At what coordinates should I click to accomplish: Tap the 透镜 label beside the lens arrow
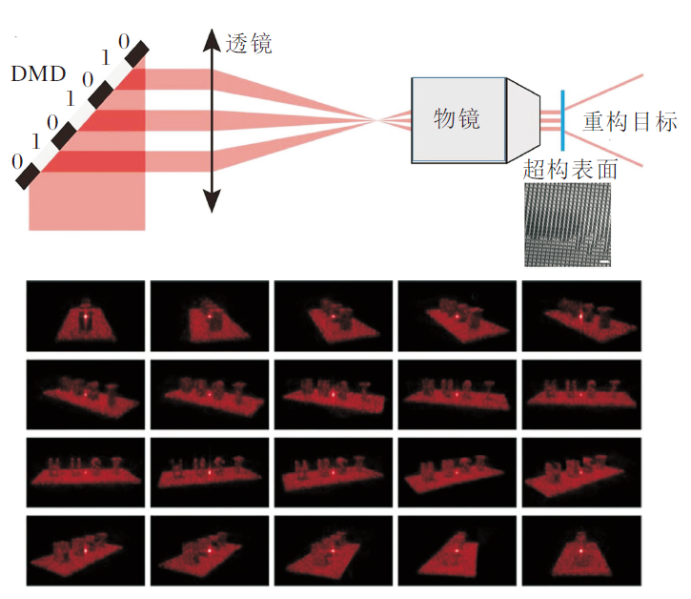click(249, 43)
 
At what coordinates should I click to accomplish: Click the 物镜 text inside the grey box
click(457, 118)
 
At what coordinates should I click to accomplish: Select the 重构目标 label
click(630, 122)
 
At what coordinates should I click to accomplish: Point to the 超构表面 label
click(571, 172)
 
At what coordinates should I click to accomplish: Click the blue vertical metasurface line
click(564, 119)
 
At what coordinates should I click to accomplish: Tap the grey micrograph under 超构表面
click(568, 225)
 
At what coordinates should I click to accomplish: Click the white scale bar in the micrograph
click(604, 258)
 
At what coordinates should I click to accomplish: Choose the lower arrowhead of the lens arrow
click(211, 202)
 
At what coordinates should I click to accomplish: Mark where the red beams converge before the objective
click(379, 119)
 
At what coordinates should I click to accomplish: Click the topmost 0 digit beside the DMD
click(122, 40)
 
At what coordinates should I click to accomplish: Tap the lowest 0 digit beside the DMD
click(16, 161)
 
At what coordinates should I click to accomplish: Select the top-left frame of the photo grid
click(86, 314)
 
